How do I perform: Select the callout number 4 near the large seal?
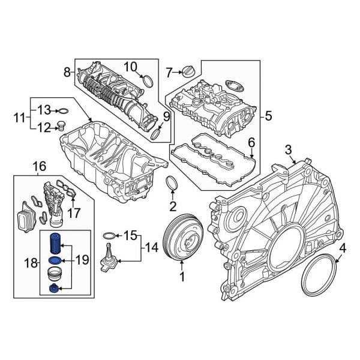[343, 247]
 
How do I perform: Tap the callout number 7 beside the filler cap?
[170, 73]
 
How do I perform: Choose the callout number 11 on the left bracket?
[19, 118]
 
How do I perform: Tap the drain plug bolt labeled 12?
[60, 126]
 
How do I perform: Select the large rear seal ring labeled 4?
[318, 277]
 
